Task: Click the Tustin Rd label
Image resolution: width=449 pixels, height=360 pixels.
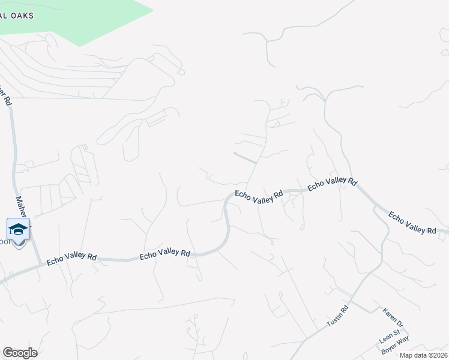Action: [x=337, y=317]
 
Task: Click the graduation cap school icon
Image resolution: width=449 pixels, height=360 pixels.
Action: [x=19, y=229]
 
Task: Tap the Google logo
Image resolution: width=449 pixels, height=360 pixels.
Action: [x=20, y=353]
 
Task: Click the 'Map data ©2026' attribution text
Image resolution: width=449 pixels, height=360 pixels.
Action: [x=424, y=355]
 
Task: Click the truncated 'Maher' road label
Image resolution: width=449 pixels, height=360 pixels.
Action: [x=21, y=207]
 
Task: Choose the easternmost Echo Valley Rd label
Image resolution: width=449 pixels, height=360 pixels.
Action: [x=412, y=223]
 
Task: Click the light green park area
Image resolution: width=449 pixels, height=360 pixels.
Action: [x=90, y=18]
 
